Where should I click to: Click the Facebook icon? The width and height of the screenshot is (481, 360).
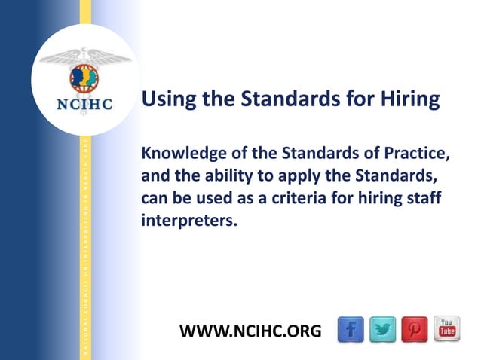(x=351, y=330)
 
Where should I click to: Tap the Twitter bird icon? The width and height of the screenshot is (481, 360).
(x=383, y=330)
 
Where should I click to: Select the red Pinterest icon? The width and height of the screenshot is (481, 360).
(x=415, y=330)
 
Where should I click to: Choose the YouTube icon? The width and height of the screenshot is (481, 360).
(x=446, y=329)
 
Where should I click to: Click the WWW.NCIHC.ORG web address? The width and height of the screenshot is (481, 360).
(x=250, y=331)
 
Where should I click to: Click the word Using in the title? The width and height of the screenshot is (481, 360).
(x=167, y=100)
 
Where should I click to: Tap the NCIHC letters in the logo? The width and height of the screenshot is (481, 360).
(x=84, y=104)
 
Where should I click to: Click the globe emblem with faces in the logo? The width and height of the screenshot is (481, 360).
(x=84, y=76)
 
